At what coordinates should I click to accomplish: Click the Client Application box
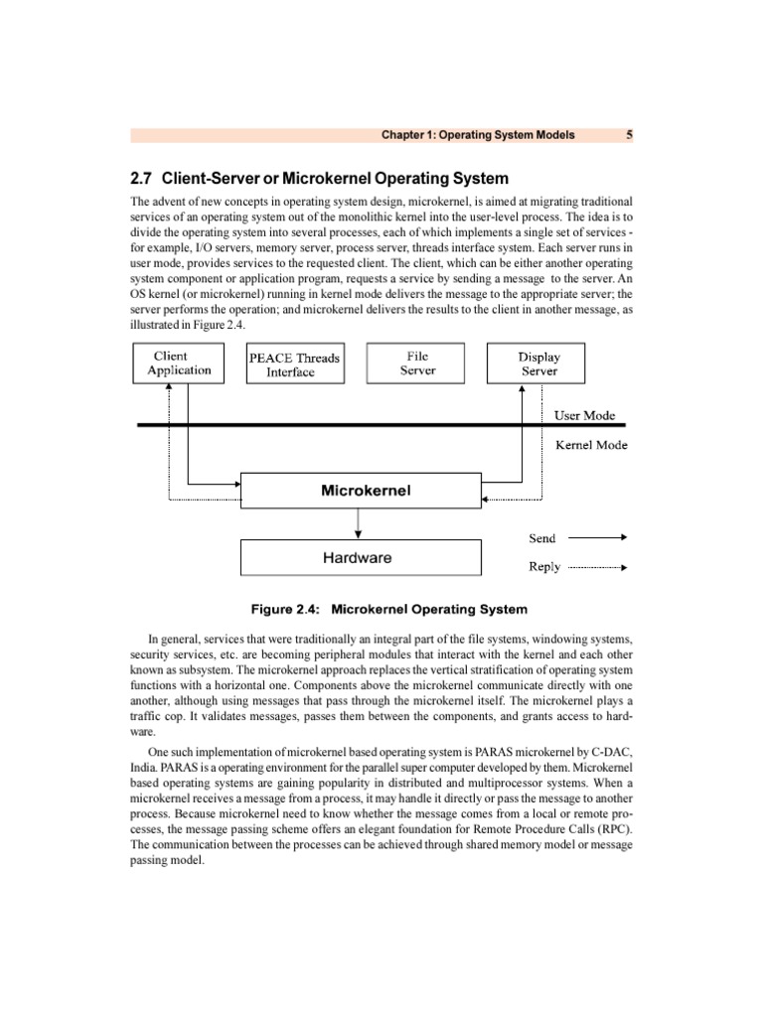[x=179, y=363]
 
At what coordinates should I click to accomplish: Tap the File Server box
[x=417, y=363]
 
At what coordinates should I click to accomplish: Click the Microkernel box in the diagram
[x=366, y=491]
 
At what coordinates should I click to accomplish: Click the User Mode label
[x=584, y=415]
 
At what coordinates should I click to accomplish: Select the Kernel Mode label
[x=590, y=445]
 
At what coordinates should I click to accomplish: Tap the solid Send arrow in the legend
[x=596, y=537]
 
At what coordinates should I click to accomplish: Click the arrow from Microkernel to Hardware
[x=359, y=523]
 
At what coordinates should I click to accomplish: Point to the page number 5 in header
[x=629, y=134]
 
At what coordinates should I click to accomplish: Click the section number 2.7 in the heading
[x=143, y=179]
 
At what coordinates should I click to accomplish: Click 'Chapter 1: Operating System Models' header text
[x=478, y=134]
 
